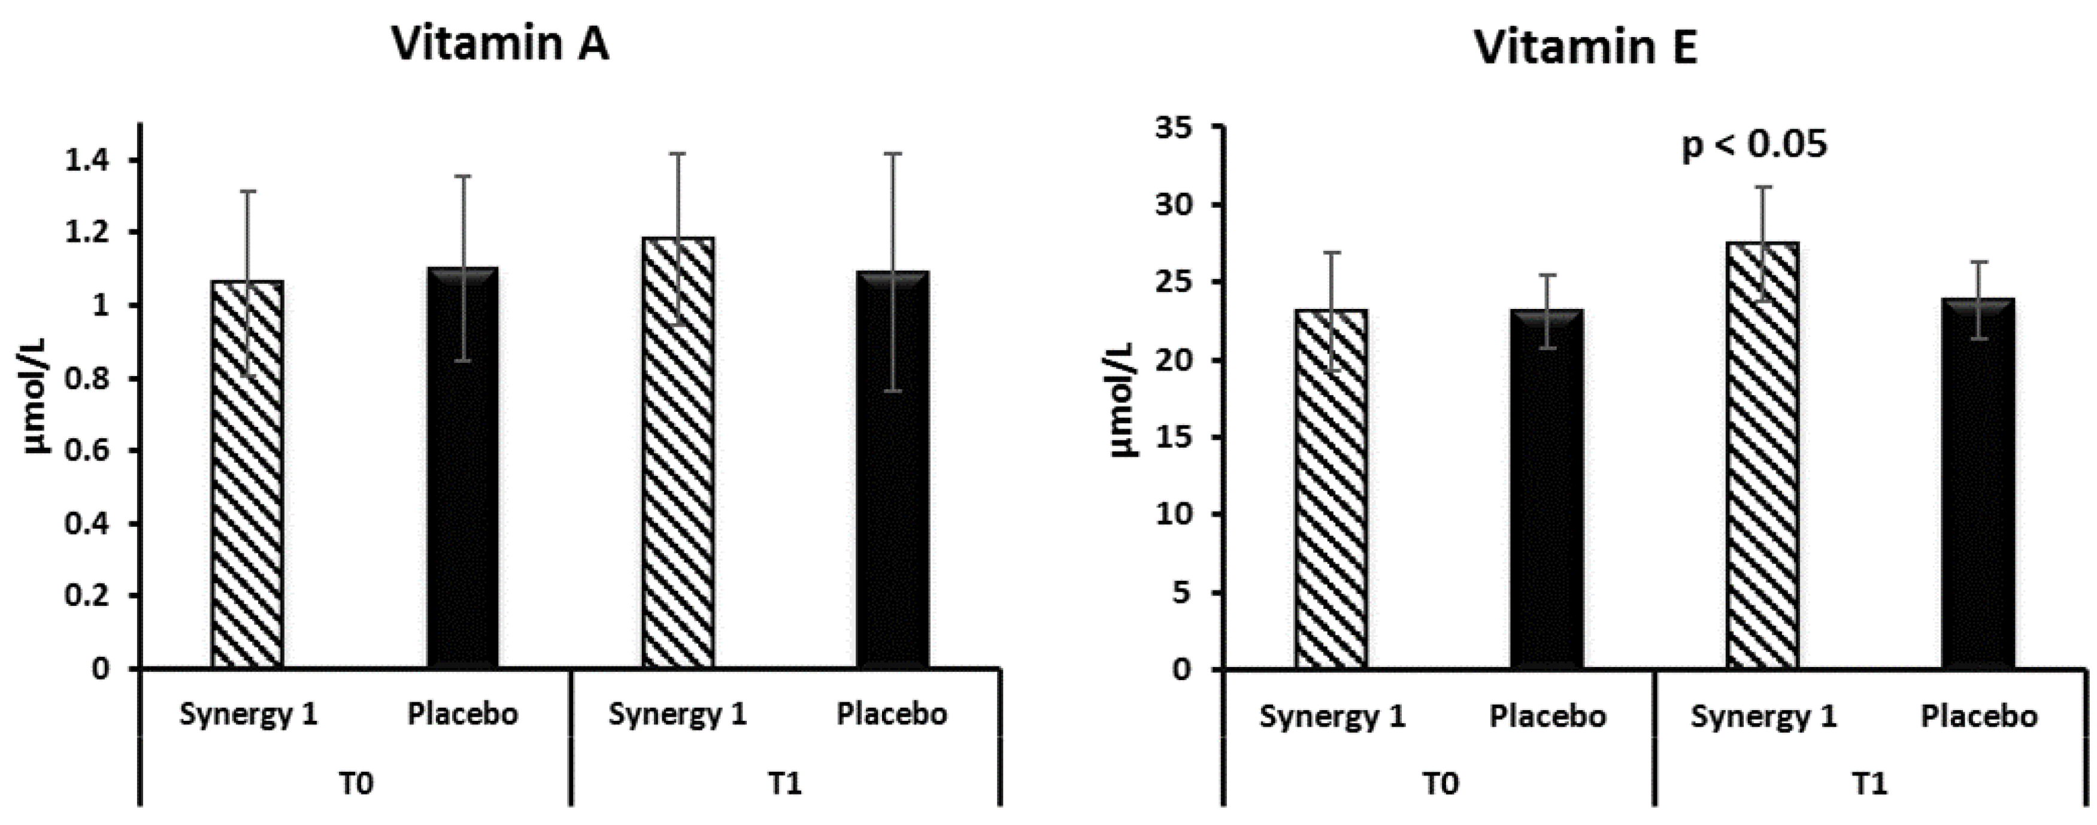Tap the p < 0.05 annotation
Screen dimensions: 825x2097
1754,144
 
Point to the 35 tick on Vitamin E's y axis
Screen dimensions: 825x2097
1173,128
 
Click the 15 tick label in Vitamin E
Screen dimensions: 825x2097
1173,437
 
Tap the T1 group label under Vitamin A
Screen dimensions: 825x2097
785,784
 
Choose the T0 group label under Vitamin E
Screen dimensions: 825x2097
1441,784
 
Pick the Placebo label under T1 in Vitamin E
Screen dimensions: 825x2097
1979,715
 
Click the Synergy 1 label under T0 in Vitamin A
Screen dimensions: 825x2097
249,714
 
